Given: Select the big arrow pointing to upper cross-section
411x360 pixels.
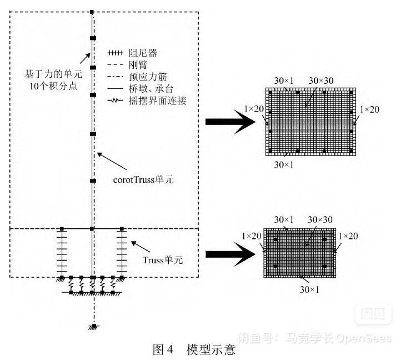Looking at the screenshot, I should pos(227,125).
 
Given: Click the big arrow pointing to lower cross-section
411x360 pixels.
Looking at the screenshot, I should pos(227,254).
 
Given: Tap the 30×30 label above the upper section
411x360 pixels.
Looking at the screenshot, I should pos(320,80).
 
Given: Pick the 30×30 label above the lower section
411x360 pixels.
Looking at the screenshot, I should pos(319,220).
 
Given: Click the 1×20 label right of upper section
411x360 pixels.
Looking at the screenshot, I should pos(369,110).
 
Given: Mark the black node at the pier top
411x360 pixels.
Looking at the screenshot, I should pos(92,12).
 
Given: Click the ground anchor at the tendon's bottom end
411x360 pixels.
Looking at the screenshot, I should pos(94,327).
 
